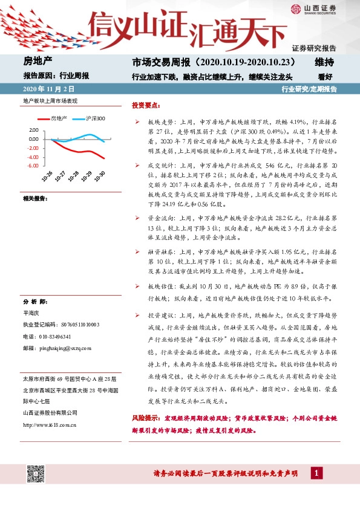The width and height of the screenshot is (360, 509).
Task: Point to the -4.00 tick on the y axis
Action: pos(33,157)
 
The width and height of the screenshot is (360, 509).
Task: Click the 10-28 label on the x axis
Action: pos(74,175)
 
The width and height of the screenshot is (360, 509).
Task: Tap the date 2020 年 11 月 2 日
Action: pos(51,89)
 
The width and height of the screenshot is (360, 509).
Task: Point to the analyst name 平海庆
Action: pos(31,314)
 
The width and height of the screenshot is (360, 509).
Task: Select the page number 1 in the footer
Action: pos(315,472)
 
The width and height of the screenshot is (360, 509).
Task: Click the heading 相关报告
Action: pos(35,198)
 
